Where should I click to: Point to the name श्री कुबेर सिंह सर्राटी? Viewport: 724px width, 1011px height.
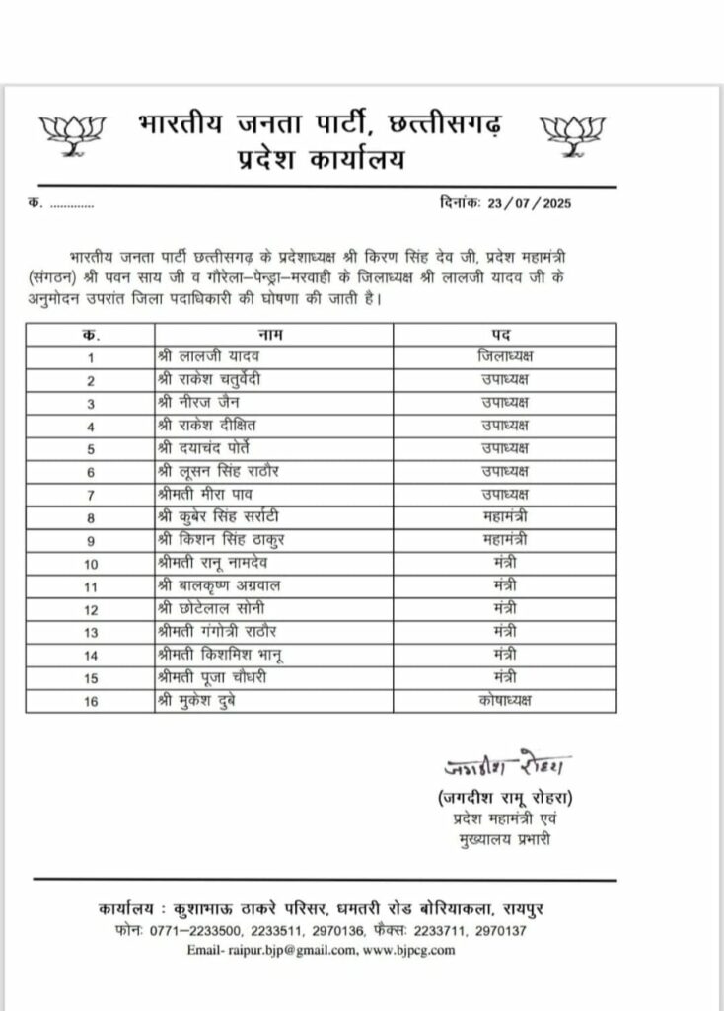click(218, 516)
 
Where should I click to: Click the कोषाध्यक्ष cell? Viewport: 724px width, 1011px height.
click(504, 699)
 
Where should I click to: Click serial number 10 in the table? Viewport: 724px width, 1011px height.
click(91, 562)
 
